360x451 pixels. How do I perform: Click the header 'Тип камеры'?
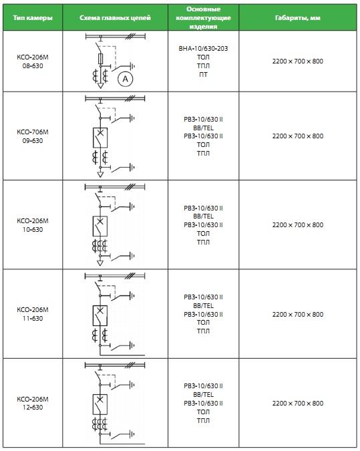(x=33, y=18)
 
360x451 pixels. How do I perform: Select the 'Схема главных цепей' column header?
(x=115, y=18)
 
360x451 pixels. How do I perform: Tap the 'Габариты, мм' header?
(x=298, y=18)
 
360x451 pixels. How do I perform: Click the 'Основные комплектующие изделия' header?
(x=203, y=17)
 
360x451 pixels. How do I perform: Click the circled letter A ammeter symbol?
(x=125, y=79)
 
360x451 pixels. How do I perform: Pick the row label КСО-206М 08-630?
(x=33, y=61)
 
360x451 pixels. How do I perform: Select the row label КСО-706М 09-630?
(x=33, y=136)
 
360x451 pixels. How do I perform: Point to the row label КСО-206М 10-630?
(x=33, y=225)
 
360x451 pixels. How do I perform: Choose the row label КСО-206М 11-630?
(x=33, y=314)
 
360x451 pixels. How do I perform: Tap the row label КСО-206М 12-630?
(x=33, y=404)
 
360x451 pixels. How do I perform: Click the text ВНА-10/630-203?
(x=203, y=48)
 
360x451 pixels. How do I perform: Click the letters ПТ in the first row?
(x=203, y=74)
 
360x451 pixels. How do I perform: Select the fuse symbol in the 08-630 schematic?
(x=100, y=58)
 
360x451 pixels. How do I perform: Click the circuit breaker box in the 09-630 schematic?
(x=100, y=138)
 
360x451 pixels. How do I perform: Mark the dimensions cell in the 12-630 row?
(x=298, y=404)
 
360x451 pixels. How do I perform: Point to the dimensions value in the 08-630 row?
(x=298, y=61)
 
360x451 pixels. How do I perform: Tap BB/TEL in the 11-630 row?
(x=203, y=305)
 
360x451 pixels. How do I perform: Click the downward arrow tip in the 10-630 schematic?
(x=100, y=265)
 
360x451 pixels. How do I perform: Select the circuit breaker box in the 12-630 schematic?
(x=100, y=404)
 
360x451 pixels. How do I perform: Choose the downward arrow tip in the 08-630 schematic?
(x=100, y=88)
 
